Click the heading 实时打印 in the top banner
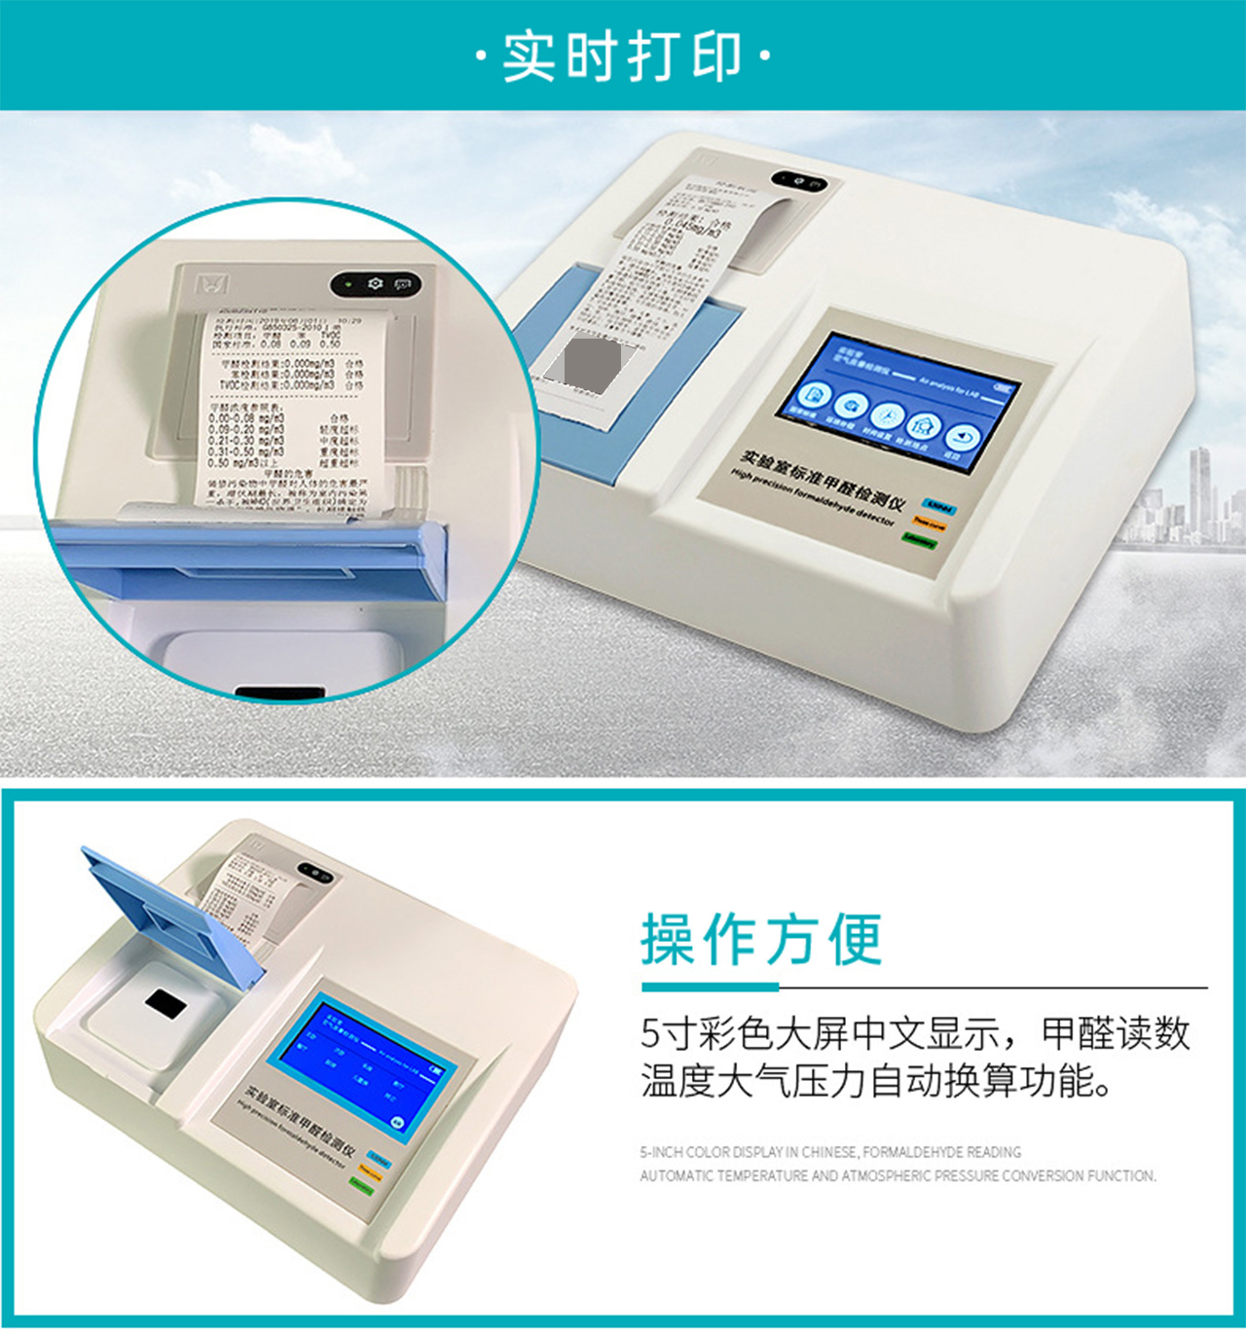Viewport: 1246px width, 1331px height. (623, 55)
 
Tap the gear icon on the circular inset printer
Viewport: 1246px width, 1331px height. (376, 284)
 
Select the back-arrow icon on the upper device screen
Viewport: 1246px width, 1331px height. (962, 438)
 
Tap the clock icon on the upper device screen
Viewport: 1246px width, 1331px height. (886, 415)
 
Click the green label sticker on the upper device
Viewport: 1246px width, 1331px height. (919, 540)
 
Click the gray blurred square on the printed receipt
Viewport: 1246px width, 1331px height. (593, 363)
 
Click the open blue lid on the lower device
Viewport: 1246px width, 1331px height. (175, 915)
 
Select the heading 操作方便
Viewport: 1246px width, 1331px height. (761, 940)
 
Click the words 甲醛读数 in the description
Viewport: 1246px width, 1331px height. (1116, 1033)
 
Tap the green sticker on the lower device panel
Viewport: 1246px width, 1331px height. (361, 1186)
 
